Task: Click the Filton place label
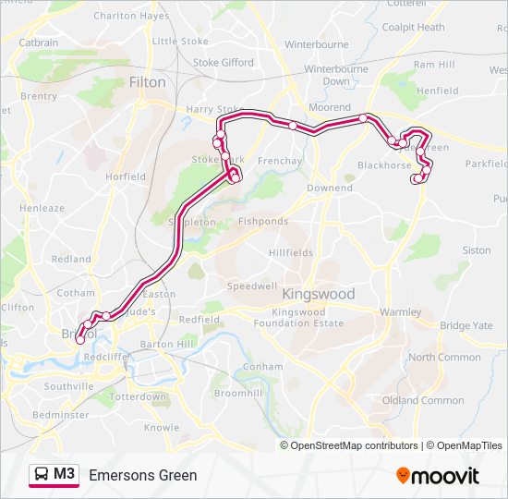[x=148, y=82]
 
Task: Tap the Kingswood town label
[x=318, y=294]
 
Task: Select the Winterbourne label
[x=317, y=43]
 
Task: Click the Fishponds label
[x=263, y=222]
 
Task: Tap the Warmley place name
[x=400, y=312]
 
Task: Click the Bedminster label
[x=61, y=415]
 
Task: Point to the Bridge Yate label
[x=466, y=325]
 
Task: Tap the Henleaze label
[x=42, y=209]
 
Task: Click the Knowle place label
[x=162, y=428]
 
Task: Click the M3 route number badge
[x=65, y=474]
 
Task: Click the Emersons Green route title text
[x=143, y=475]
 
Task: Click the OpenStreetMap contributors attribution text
[x=354, y=445]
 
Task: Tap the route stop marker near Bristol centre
[x=80, y=340]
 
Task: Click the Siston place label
[x=477, y=250]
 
